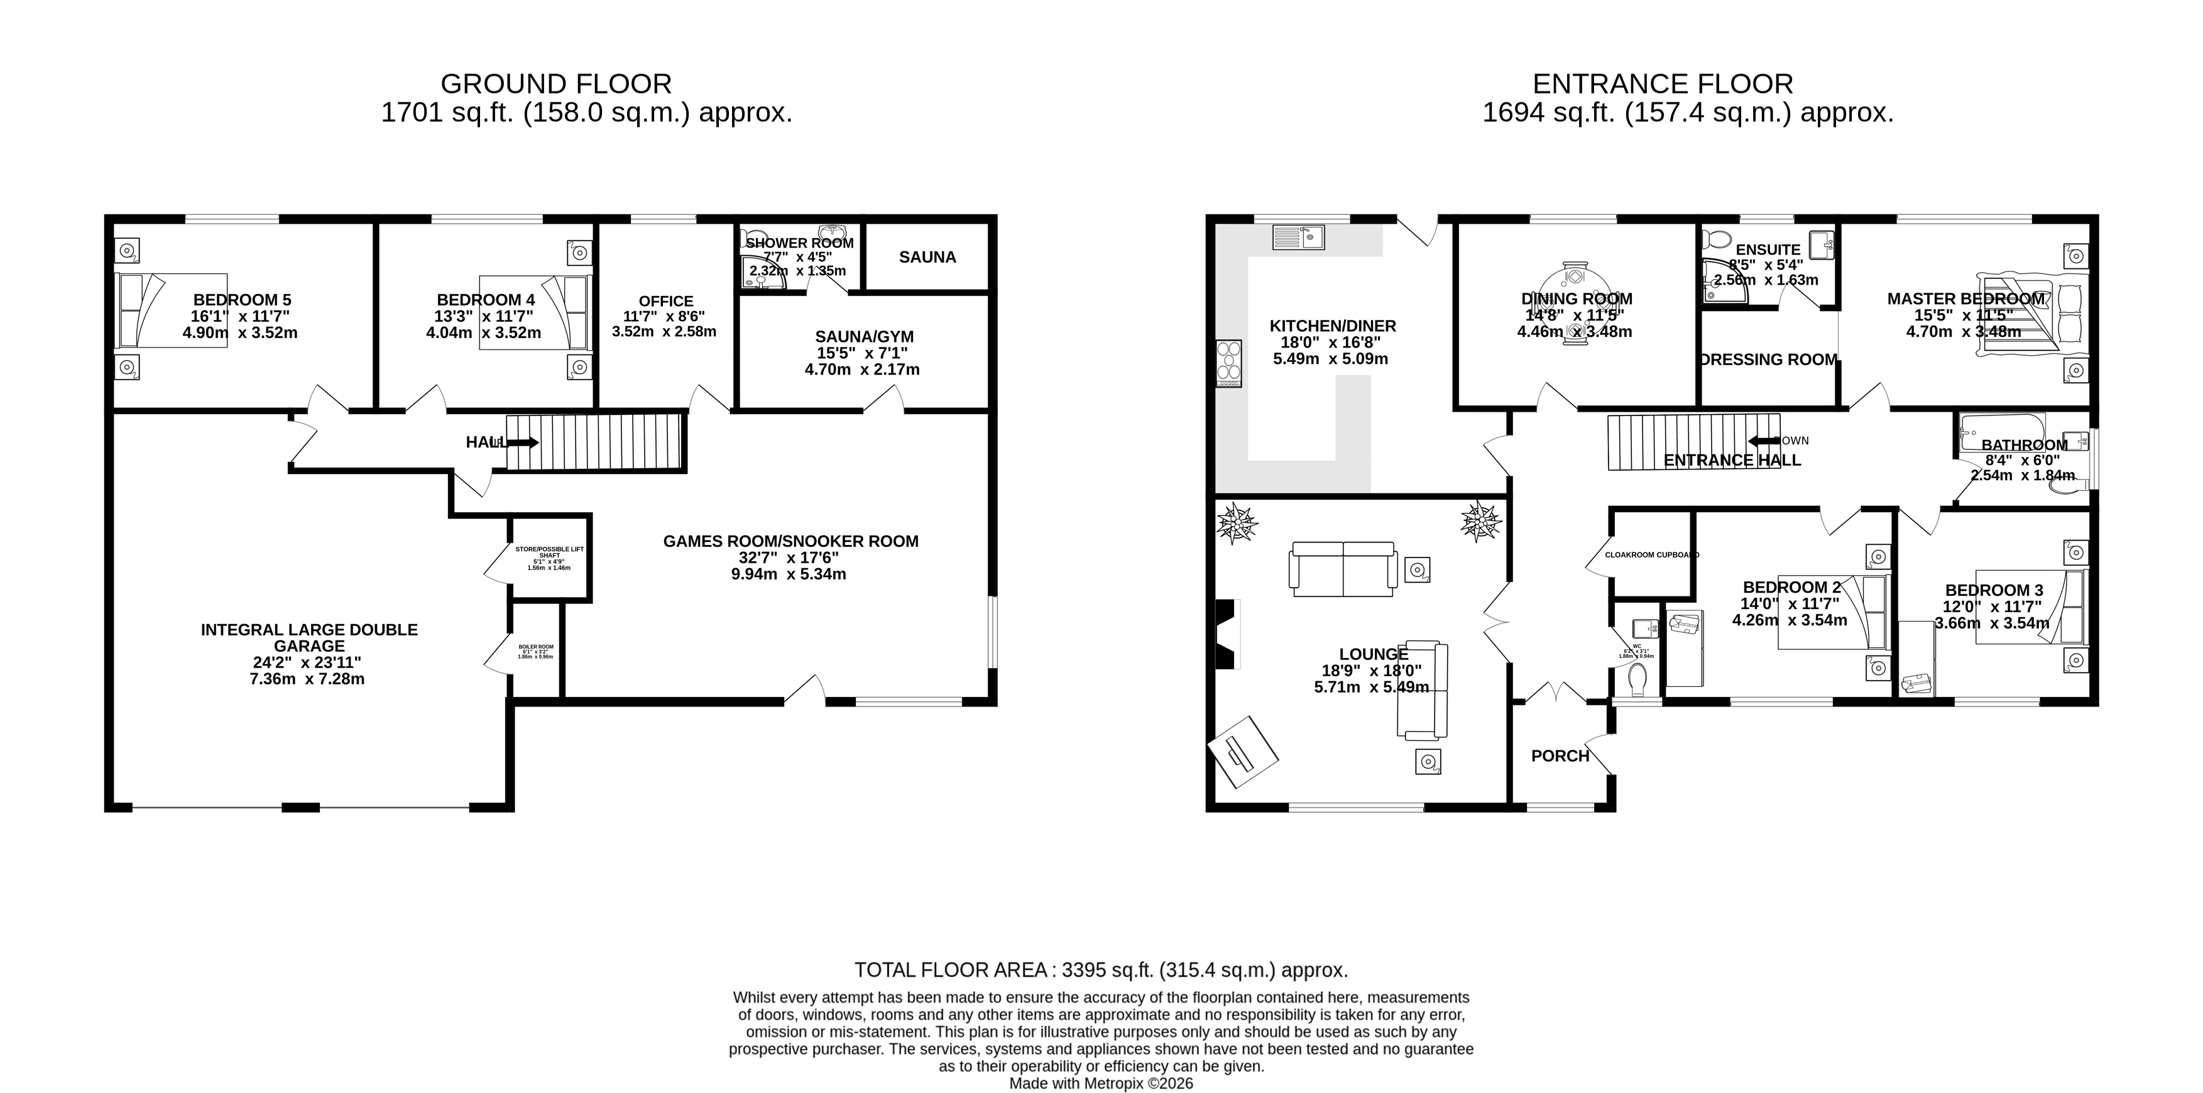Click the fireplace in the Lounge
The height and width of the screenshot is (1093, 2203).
click(1225, 634)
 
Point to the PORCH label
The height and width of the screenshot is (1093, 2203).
click(1560, 756)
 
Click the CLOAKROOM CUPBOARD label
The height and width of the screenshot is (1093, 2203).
click(1651, 555)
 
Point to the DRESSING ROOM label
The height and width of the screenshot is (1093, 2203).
click(1768, 360)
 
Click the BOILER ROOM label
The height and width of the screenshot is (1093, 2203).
click(535, 652)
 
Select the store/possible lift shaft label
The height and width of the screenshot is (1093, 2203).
click(549, 557)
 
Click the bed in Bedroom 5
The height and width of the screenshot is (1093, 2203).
click(171, 310)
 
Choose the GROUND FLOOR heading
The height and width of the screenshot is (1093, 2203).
click(556, 84)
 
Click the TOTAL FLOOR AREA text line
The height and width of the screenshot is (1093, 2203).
click(1101, 970)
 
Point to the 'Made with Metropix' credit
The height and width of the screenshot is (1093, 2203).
click(1101, 1084)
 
